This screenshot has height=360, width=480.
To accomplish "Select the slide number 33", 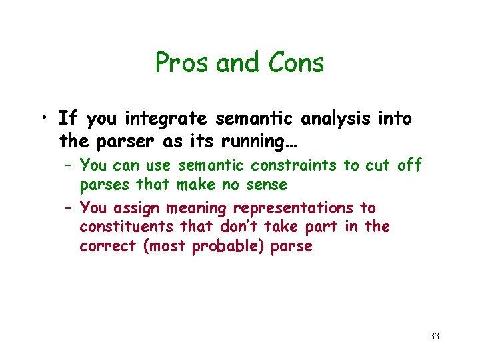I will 435,337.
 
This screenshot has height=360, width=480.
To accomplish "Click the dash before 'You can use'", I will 68,165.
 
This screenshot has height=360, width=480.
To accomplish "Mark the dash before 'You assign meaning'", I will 68,208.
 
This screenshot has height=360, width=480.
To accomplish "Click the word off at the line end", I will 409,165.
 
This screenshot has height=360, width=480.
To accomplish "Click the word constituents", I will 125,227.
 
